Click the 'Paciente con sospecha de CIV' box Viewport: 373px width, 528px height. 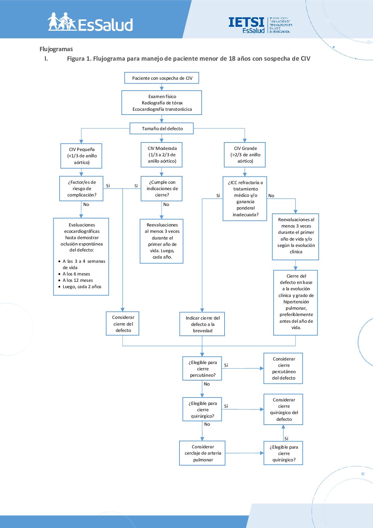[x=161, y=78]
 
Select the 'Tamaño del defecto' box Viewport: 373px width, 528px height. [x=161, y=128]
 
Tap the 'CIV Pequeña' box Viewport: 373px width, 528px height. [x=81, y=156]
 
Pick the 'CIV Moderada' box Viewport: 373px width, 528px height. [x=161, y=154]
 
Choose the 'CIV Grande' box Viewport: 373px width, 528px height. [x=245, y=154]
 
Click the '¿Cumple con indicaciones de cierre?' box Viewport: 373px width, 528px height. [x=161, y=189]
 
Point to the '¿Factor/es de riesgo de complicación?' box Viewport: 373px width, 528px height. [x=81, y=189]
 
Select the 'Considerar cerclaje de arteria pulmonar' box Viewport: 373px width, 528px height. [x=202, y=453]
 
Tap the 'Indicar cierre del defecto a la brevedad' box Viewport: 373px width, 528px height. [x=202, y=324]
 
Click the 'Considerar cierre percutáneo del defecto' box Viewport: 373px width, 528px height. [x=283, y=369]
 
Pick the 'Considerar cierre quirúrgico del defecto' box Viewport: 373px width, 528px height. [x=283, y=409]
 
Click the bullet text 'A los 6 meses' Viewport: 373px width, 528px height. [x=77, y=274]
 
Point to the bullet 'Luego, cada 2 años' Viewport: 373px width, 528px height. [x=82, y=287]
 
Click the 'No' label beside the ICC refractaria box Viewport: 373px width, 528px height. [x=271, y=196]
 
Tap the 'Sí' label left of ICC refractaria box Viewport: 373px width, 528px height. [x=218, y=196]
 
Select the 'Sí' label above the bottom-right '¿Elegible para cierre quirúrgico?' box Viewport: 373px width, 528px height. [x=286, y=438]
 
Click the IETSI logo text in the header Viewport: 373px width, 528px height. [x=246, y=22]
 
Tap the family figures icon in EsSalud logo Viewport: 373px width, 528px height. [x=62, y=22]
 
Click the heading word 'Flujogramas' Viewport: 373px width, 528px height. [x=56, y=49]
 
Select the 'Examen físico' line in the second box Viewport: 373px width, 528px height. [x=162, y=96]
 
